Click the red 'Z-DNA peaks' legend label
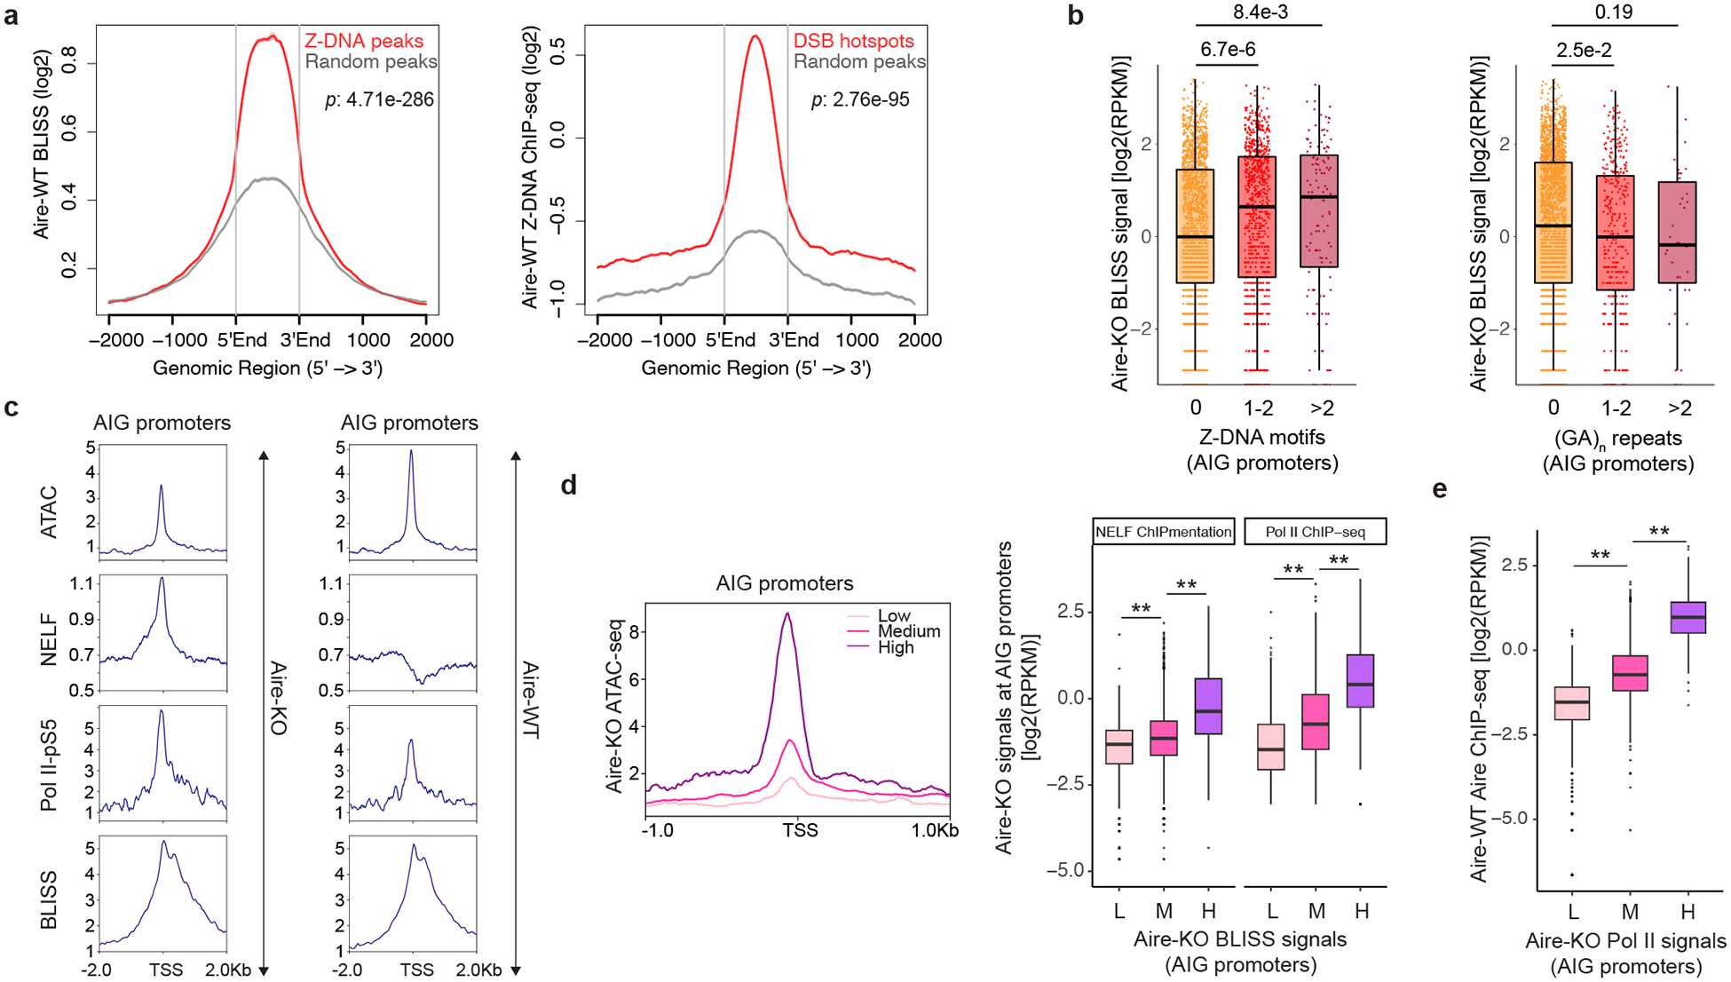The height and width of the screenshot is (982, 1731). tap(364, 41)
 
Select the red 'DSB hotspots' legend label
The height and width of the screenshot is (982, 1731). tap(853, 41)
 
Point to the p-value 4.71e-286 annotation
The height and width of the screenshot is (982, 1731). tap(379, 99)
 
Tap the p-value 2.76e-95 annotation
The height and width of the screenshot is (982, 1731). tap(860, 99)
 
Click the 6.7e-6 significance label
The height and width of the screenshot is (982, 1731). tap(1228, 49)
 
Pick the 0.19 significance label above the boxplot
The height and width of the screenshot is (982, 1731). tap(1613, 12)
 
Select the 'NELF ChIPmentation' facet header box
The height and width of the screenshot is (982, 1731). tap(1163, 532)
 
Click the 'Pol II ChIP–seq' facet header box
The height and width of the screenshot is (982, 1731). tap(1316, 532)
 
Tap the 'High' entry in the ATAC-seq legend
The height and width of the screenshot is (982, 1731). tap(895, 647)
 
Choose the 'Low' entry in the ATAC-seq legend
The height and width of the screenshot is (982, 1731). tap(893, 615)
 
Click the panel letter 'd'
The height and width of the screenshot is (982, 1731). tap(568, 486)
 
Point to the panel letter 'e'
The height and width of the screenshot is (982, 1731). tap(1439, 489)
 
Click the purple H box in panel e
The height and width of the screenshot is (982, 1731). tap(1688, 618)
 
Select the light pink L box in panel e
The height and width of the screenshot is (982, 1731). tap(1572, 703)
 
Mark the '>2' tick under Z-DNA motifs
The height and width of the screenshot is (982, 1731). tap(1322, 408)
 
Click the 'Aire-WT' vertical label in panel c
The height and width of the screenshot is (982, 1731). tap(531, 700)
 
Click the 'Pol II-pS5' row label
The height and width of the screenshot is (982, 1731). tap(50, 765)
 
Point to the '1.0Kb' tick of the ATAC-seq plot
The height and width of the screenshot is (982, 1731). tap(934, 830)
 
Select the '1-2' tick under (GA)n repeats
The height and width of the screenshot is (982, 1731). tap(1616, 408)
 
